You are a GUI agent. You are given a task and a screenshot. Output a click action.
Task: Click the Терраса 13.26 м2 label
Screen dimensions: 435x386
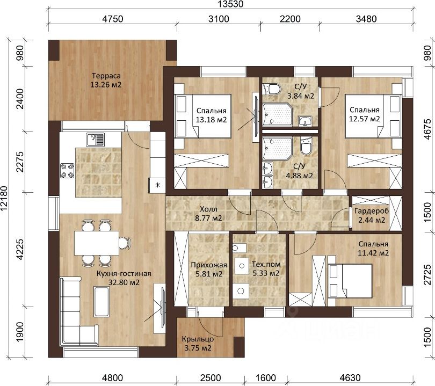point(106,80)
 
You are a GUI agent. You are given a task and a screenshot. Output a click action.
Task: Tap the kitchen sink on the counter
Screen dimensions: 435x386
point(96,140)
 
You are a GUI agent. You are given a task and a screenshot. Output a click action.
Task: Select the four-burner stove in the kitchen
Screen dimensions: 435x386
point(68,171)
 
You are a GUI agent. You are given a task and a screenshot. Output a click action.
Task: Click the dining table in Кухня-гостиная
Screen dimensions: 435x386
point(97,243)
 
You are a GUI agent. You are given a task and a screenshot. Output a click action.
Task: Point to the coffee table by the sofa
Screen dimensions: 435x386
point(101,302)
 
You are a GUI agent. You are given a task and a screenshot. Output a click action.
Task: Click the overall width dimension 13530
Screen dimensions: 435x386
point(230,4)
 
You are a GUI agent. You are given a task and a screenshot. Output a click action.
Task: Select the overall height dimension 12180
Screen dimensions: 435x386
point(4,198)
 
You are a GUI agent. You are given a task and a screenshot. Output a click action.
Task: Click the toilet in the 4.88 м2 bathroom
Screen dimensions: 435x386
point(307,146)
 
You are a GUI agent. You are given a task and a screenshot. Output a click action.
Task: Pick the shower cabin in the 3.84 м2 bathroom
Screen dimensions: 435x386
point(277,114)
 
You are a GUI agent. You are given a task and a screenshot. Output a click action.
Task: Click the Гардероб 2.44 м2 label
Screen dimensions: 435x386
point(372,215)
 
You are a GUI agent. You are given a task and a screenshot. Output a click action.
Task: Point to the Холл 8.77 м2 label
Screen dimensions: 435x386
point(208,214)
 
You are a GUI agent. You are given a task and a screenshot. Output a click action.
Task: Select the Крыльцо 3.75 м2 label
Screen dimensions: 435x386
point(198,343)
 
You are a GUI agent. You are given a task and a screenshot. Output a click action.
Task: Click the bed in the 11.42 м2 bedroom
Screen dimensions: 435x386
point(350,281)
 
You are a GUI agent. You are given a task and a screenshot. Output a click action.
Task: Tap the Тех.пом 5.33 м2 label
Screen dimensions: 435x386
point(266,269)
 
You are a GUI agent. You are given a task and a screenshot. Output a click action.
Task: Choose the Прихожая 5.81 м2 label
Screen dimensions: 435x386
point(209,270)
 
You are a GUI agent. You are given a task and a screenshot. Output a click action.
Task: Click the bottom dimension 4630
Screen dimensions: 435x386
point(350,378)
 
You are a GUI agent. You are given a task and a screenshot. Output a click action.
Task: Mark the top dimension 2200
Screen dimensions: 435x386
point(290,19)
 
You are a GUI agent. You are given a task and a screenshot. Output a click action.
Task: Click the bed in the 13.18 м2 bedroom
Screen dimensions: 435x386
point(202,116)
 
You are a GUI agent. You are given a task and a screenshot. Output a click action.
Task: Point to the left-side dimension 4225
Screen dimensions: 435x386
point(19,249)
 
